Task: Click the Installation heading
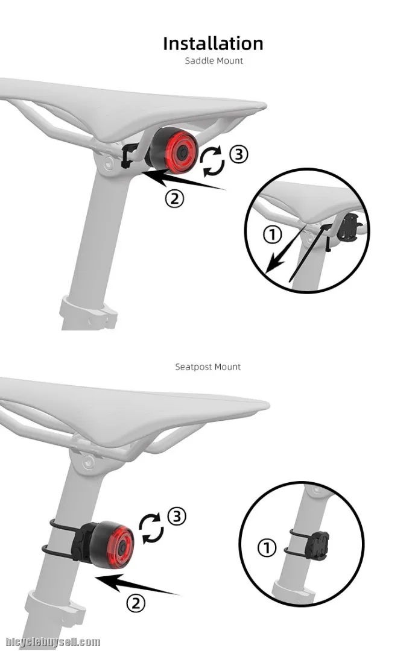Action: pyautogui.click(x=213, y=43)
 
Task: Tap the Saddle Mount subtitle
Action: pyautogui.click(x=214, y=61)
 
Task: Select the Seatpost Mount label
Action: pyautogui.click(x=207, y=367)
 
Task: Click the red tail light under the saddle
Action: pyautogui.click(x=174, y=151)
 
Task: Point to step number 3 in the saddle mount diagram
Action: pyautogui.click(x=239, y=154)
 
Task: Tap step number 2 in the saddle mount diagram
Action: pyautogui.click(x=174, y=199)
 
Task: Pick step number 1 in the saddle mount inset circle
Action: pyautogui.click(x=273, y=235)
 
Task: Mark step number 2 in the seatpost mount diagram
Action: pyautogui.click(x=136, y=603)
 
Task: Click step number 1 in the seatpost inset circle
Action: pyautogui.click(x=267, y=547)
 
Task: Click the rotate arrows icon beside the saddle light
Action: pyautogui.click(x=212, y=161)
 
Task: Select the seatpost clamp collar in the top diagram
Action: pyautogui.click(x=87, y=313)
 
